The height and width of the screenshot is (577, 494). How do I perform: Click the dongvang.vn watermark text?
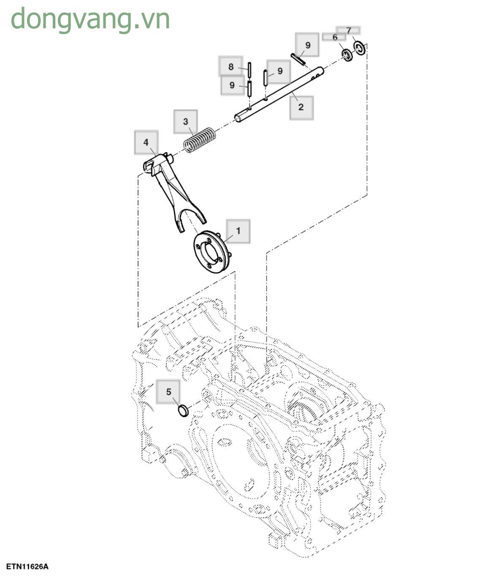pyautogui.click(x=90, y=19)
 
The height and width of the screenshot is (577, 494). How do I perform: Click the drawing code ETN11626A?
pyautogui.click(x=27, y=566)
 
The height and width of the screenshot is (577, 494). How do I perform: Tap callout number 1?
pyautogui.click(x=238, y=231)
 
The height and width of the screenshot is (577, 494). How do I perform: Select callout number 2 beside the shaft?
pyautogui.click(x=301, y=107)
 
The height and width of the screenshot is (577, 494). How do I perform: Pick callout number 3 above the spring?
pyautogui.click(x=186, y=122)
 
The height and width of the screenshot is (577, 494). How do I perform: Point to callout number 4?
pyautogui.click(x=146, y=142)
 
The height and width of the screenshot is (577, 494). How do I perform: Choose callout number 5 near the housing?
pyautogui.click(x=168, y=392)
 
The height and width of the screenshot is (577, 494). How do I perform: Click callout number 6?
pyautogui.click(x=334, y=37)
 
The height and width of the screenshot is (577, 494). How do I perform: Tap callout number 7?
pyautogui.click(x=348, y=30)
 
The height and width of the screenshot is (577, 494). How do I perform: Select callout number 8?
pyautogui.click(x=231, y=66)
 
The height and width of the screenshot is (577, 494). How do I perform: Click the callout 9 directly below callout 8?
pyautogui.click(x=232, y=85)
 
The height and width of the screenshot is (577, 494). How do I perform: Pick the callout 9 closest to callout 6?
pyautogui.click(x=307, y=45)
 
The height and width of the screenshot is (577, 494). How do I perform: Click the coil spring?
pyautogui.click(x=200, y=140)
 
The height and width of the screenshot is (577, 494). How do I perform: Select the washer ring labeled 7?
pyautogui.click(x=360, y=48)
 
